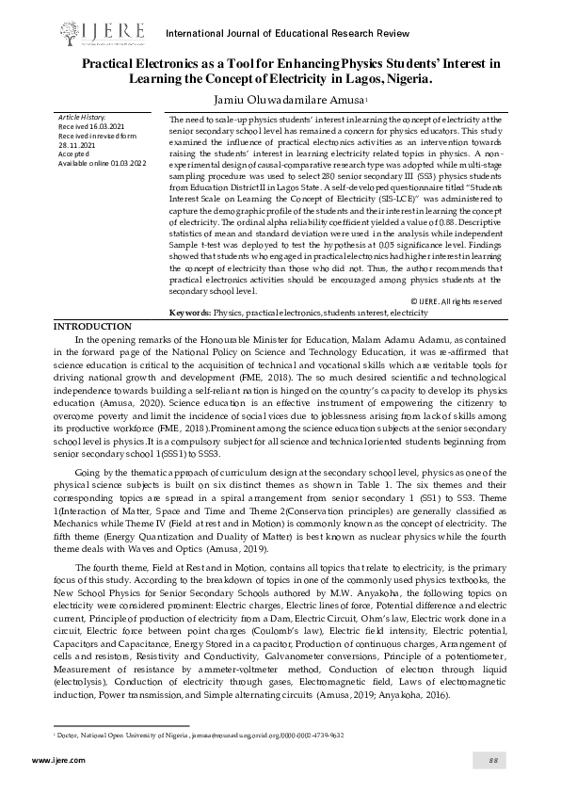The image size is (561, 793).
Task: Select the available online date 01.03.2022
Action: [x=126, y=163]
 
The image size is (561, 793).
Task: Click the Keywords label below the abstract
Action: [x=189, y=284]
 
